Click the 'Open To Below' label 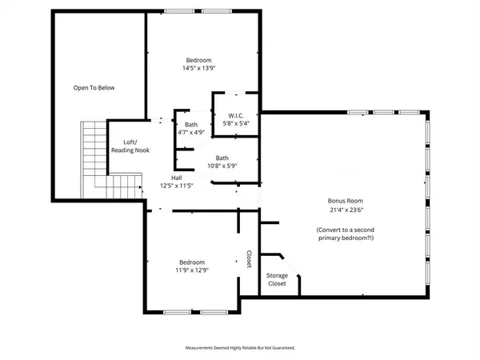point(94,87)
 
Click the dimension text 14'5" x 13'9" point(198,69)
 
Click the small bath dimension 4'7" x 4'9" point(190,132)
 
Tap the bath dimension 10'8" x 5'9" point(222,166)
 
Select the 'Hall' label point(175,178)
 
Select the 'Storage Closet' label point(277,279)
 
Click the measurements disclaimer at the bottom point(239,348)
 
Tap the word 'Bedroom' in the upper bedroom point(198,61)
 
